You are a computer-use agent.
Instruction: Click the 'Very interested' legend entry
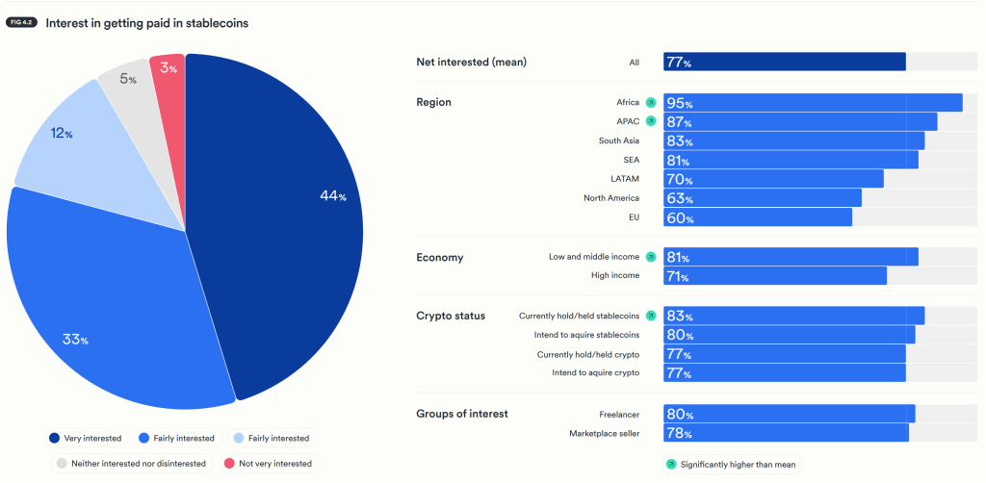[x=86, y=438]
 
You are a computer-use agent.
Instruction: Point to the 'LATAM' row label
[x=625, y=179]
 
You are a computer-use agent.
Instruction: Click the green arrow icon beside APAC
[x=651, y=121]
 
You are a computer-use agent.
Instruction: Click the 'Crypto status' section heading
[x=451, y=316]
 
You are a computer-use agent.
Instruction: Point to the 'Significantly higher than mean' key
[x=731, y=464]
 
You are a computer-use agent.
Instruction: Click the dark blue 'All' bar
[x=785, y=63]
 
